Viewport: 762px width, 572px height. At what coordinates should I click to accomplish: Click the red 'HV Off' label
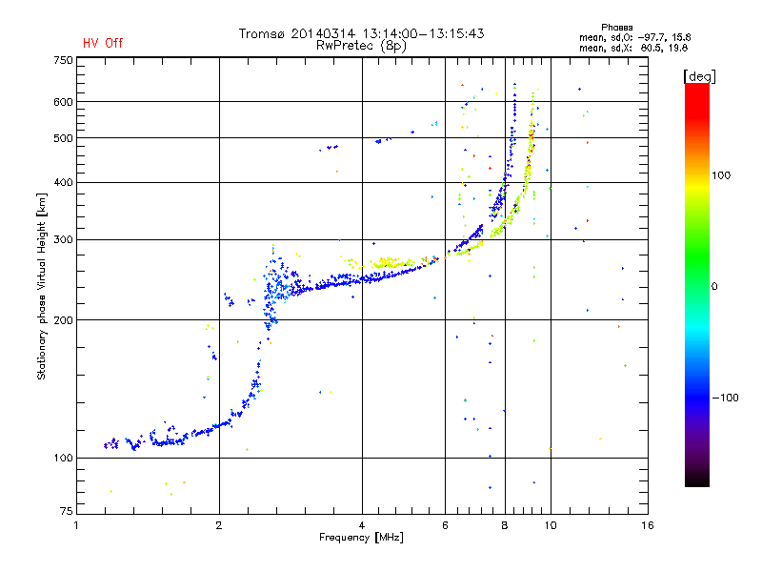[x=102, y=43]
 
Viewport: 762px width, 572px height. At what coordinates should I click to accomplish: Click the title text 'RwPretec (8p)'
[x=361, y=45]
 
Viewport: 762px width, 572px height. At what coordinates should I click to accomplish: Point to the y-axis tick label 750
[x=63, y=59]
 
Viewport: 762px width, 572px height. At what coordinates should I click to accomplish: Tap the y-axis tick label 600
[x=63, y=101]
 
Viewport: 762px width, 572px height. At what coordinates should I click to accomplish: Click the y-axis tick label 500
[x=63, y=137]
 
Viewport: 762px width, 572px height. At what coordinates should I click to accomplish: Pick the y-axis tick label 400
[x=63, y=182]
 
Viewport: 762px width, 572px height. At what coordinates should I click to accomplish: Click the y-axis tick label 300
[x=63, y=239]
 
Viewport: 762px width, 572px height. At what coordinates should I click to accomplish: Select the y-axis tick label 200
[x=63, y=319]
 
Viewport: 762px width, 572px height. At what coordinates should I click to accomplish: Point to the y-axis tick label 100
[x=63, y=458]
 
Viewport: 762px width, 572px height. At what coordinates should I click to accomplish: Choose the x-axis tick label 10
[x=551, y=525]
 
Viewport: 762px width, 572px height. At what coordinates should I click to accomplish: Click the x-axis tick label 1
[x=76, y=525]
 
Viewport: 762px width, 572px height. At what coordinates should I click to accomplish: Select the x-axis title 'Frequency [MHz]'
[x=361, y=538]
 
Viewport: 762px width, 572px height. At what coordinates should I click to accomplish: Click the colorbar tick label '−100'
[x=729, y=398]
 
